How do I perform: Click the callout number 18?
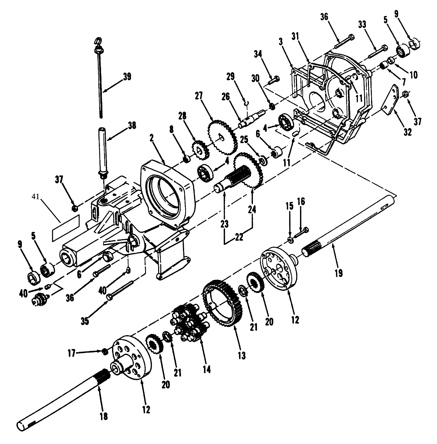[103, 416]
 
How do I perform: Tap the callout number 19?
[338, 273]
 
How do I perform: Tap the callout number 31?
[303, 37]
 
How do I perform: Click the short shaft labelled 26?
[251, 119]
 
